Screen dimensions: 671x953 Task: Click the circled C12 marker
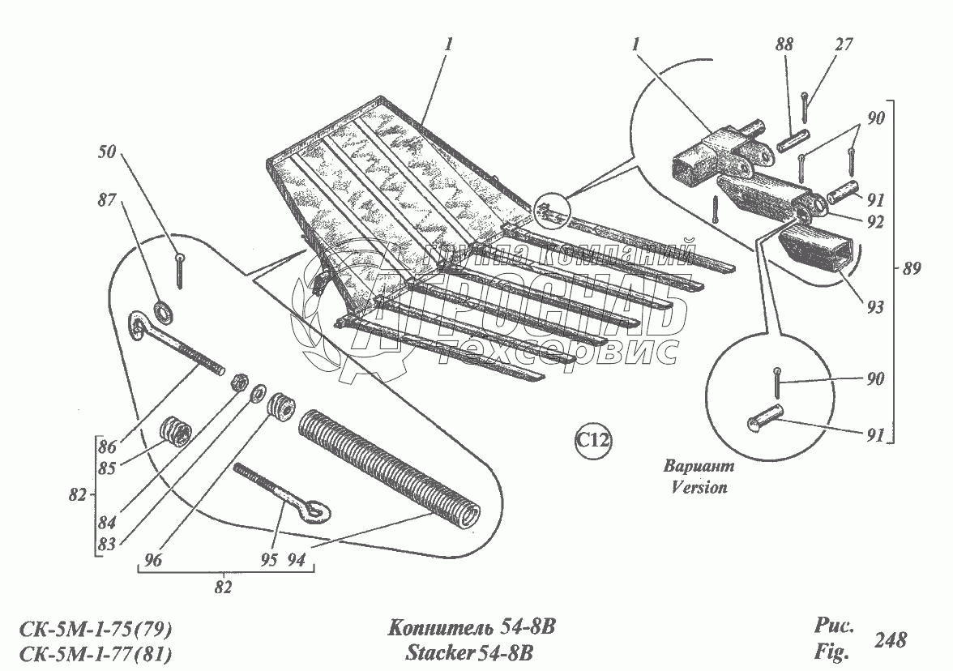(x=593, y=441)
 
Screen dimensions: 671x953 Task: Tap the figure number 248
(x=890, y=639)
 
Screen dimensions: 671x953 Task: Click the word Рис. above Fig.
(x=831, y=626)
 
